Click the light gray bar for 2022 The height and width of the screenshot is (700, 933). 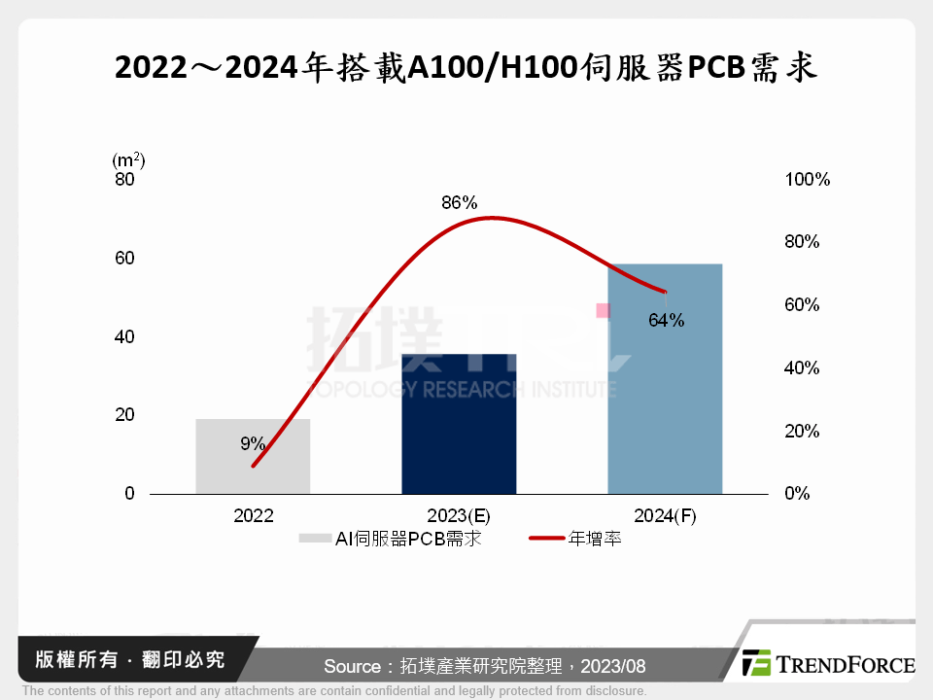(253, 456)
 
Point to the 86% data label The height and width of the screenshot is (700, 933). (459, 203)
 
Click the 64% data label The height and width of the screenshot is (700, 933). (667, 320)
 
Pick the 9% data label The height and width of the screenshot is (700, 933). (253, 443)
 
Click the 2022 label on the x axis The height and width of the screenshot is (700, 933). (253, 516)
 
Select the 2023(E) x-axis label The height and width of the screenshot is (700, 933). (459, 516)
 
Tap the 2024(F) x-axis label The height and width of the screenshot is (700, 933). (665, 516)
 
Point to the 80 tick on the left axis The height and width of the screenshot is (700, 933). (124, 180)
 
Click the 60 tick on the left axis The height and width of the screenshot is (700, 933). (124, 259)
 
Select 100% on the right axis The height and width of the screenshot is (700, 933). (807, 180)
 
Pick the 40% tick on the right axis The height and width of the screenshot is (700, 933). (803, 368)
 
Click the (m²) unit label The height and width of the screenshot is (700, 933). (128, 159)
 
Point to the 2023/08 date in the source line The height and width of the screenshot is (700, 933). (612, 666)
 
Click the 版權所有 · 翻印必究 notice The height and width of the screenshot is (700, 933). (129, 659)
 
